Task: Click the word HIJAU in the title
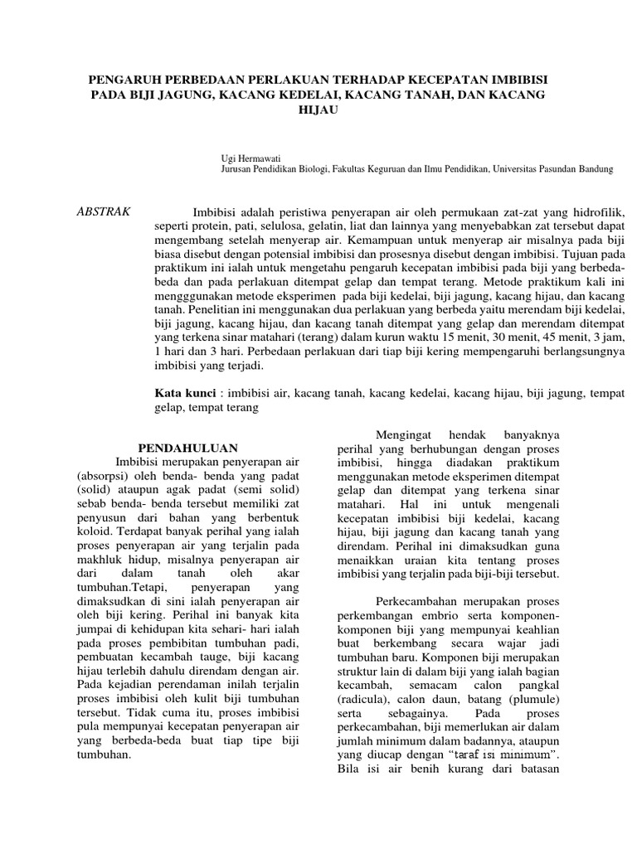[318, 110]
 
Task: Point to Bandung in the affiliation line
[592, 168]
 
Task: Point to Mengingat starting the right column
[400, 433]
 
